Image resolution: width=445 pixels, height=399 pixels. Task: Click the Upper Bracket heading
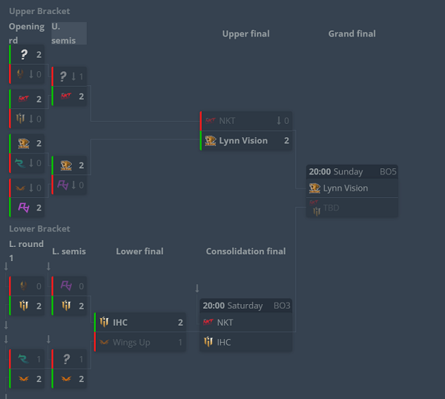(39, 11)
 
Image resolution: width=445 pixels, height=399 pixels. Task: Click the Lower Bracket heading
(39, 228)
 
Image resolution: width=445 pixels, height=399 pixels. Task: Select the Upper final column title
(245, 33)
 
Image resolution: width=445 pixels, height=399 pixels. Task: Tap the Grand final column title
(352, 33)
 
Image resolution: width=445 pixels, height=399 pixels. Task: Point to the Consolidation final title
(245, 251)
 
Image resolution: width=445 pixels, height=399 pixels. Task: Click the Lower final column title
(139, 251)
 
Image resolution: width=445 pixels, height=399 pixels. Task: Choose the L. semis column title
(69, 251)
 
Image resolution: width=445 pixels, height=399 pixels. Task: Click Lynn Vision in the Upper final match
(243, 141)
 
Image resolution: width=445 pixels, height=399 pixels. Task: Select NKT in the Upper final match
(227, 120)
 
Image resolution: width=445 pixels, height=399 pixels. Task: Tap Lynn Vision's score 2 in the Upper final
(286, 141)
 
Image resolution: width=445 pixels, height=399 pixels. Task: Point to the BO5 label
(388, 171)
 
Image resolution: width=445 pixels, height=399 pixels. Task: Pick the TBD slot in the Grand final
(331, 208)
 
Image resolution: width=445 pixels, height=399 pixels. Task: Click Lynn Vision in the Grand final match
(345, 188)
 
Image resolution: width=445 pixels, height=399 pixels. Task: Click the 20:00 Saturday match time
(233, 306)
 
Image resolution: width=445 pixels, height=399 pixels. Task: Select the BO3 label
(282, 306)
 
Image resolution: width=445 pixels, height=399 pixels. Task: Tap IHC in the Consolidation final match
(223, 343)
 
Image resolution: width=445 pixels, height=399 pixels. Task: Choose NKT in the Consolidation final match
(225, 323)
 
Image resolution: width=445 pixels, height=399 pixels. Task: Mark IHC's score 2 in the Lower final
(180, 323)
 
